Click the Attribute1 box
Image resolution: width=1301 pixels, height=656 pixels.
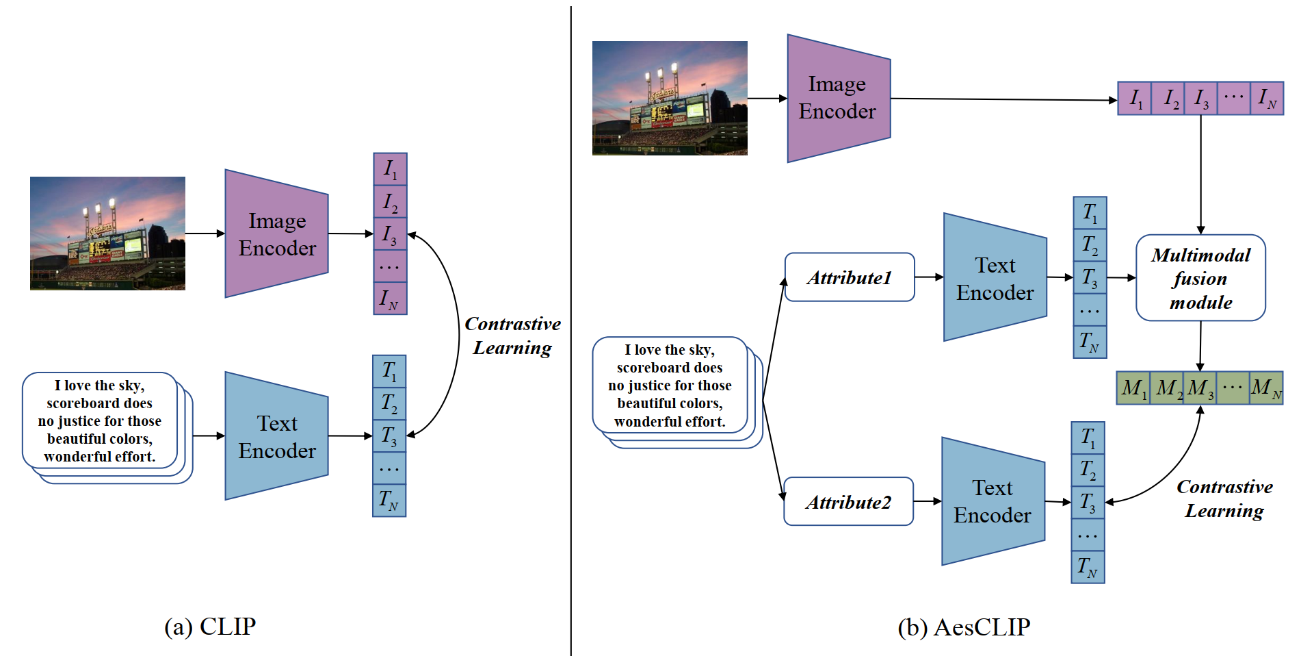coord(850,277)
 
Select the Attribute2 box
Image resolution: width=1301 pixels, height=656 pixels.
coord(848,502)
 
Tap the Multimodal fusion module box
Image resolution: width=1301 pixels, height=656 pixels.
coord(1200,278)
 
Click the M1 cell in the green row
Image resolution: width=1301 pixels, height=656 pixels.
coord(1133,388)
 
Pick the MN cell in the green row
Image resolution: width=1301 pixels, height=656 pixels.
coord(1266,388)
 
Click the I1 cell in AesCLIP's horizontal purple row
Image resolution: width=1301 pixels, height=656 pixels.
coord(1135,99)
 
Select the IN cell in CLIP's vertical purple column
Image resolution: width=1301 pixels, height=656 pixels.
coord(390,299)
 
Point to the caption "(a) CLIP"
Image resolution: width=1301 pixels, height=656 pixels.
coord(210,626)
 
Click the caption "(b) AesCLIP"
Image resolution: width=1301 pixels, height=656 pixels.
coord(964,627)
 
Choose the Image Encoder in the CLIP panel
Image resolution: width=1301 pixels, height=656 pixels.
coord(277,234)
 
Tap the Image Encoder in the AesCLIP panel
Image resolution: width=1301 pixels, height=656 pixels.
coord(838,98)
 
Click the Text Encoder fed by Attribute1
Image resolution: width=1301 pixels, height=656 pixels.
coord(995,278)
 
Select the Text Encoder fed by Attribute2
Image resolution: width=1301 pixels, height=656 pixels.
coord(993,501)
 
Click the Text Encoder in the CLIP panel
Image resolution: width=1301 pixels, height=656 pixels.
coord(277,437)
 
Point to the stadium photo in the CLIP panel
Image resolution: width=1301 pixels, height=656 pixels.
coord(107,234)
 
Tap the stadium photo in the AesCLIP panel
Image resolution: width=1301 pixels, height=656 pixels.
coord(670,98)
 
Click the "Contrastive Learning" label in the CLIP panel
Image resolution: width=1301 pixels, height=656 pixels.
coord(512,336)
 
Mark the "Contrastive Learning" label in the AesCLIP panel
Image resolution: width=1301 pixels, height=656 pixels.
coord(1224,499)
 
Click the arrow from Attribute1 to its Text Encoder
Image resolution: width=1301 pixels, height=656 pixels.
coord(929,277)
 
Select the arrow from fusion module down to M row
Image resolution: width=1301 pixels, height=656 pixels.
coord(1200,346)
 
